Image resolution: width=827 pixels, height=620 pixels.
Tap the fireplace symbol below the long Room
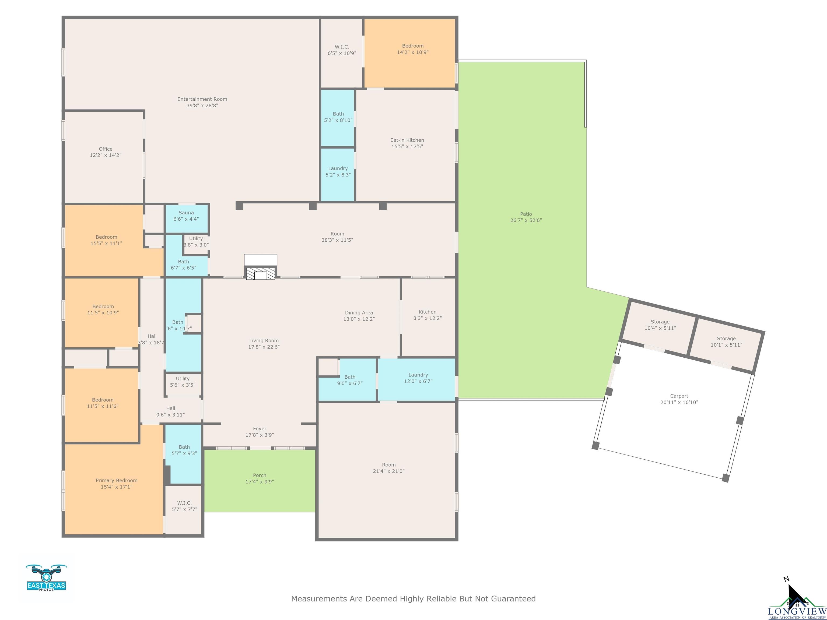point(261,273)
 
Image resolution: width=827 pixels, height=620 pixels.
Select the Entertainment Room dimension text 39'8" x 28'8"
point(202,106)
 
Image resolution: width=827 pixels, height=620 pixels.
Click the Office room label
point(106,149)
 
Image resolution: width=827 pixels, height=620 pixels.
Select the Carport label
point(679,396)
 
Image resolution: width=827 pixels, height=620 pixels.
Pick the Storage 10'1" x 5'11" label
point(726,339)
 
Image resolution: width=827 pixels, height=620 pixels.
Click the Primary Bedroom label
point(116,481)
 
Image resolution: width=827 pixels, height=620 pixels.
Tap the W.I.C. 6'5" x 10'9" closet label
point(342,47)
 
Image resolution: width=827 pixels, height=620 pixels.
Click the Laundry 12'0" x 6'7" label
point(418,375)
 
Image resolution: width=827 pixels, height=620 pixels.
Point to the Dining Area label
point(359,313)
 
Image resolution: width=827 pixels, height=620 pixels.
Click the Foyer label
point(260,429)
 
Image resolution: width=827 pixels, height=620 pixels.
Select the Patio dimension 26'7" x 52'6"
point(526,220)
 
